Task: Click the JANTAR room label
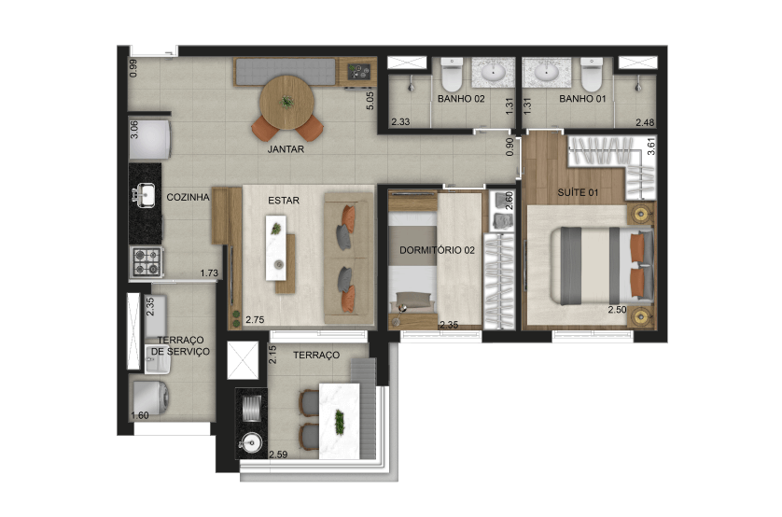(x=286, y=149)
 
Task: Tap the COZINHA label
(x=188, y=198)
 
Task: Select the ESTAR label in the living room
(x=284, y=201)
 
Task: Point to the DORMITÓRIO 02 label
(x=437, y=250)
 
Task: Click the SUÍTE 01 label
(x=578, y=192)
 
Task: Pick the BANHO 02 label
(x=461, y=99)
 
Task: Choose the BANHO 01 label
(x=582, y=99)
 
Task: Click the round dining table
(x=286, y=103)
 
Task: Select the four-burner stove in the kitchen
(x=147, y=261)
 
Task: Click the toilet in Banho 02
(x=453, y=74)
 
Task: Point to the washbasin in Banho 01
(x=547, y=73)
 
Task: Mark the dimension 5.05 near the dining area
(x=370, y=100)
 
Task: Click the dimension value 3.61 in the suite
(x=650, y=146)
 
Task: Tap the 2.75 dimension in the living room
(x=255, y=319)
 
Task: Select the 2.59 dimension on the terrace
(x=278, y=454)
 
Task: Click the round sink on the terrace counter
(x=251, y=442)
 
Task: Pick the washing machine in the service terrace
(x=149, y=398)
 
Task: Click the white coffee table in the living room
(x=276, y=248)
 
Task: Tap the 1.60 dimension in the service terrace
(x=140, y=415)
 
